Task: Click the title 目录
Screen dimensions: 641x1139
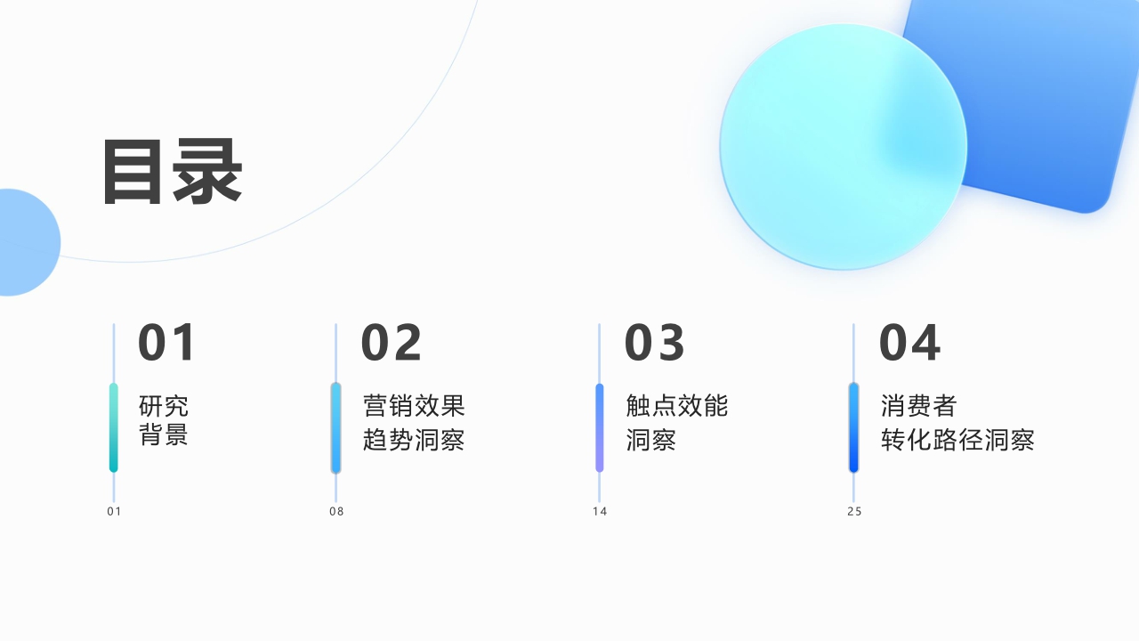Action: point(172,172)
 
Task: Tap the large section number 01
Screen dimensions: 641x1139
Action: point(166,343)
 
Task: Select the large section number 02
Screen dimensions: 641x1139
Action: point(392,343)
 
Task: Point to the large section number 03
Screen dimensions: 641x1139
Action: point(655,343)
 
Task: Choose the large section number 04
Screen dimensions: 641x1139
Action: point(909,343)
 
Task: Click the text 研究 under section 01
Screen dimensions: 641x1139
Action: point(164,406)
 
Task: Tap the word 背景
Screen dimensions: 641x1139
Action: point(164,436)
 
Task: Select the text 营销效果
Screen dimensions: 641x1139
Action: point(414,406)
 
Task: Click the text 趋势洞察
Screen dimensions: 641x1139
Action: point(414,440)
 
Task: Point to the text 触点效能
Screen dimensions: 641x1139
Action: point(677,406)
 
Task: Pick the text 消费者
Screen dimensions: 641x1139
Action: point(919,406)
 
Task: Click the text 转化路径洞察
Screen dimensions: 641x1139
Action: point(957,440)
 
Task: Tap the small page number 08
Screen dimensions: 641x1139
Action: point(336,511)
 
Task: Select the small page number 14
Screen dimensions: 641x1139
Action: point(600,511)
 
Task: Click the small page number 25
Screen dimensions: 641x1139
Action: point(854,511)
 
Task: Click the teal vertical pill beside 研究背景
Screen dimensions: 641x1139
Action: point(114,427)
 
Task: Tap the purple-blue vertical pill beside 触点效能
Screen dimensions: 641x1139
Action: point(600,427)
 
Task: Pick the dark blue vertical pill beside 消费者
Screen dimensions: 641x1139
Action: point(854,427)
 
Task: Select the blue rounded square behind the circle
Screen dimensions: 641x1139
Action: point(1050,107)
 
